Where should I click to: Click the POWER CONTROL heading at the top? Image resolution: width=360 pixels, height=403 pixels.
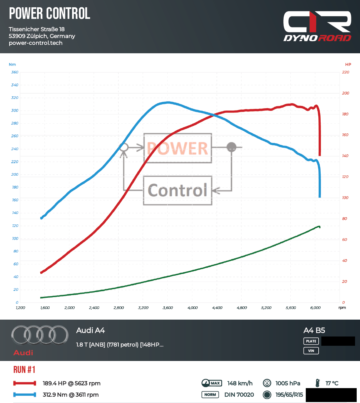click(x=50, y=14)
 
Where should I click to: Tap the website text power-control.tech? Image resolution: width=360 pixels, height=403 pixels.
click(x=36, y=43)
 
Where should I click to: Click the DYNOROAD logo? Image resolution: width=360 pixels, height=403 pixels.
click(x=317, y=26)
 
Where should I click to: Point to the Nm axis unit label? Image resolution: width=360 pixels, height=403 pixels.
click(x=12, y=65)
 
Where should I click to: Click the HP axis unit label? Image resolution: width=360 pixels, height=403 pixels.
click(x=348, y=65)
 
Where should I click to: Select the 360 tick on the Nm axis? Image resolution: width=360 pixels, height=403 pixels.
click(x=15, y=72)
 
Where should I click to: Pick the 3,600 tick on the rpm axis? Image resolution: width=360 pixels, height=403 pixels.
click(x=168, y=308)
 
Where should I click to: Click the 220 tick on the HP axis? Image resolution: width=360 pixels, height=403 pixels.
click(x=345, y=72)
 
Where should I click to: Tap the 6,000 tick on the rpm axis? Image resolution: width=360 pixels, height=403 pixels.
click(x=315, y=308)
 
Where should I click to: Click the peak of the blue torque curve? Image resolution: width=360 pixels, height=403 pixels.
click(x=168, y=102)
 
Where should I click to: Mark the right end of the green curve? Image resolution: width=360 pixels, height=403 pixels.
click(x=319, y=227)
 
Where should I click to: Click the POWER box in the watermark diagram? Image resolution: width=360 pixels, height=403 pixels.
click(x=178, y=148)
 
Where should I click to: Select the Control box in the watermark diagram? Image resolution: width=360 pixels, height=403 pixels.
click(x=178, y=190)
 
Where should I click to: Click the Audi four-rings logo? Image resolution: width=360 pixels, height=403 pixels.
click(x=40, y=335)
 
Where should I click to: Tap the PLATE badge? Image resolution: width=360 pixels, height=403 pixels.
click(x=311, y=341)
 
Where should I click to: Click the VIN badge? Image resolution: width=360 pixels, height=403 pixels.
click(x=311, y=351)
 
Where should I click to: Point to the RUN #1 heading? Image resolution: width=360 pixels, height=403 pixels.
click(x=24, y=370)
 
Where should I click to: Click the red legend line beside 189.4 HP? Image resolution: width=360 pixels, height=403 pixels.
click(x=24, y=383)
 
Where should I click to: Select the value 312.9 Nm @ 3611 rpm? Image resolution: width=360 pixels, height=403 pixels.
click(x=71, y=395)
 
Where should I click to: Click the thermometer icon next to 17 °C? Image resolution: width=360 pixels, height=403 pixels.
click(x=318, y=383)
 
